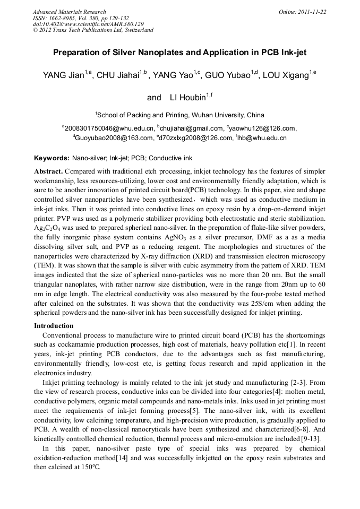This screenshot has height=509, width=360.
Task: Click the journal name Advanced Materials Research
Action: [69, 12]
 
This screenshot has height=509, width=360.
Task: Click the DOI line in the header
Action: [88, 24]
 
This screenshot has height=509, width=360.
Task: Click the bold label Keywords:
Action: [52, 158]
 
